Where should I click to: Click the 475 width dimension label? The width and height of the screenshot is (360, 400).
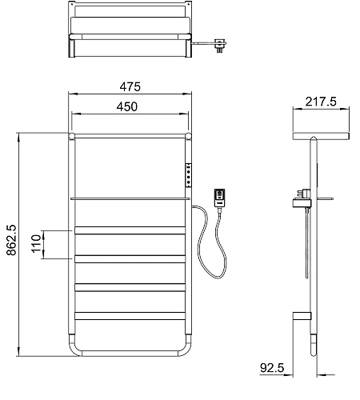pyautogui.click(x=130, y=86)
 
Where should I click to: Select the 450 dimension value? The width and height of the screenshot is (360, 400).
pyautogui.click(x=127, y=106)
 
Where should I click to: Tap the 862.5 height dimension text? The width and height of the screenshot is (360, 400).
pyautogui.click(x=11, y=240)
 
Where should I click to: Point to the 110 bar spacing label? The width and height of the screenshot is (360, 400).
pyautogui.click(x=36, y=244)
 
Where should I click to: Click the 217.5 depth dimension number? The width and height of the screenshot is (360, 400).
pyautogui.click(x=321, y=102)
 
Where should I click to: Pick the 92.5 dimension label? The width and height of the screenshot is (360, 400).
pyautogui.click(x=272, y=368)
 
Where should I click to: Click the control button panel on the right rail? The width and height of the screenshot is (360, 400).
pyautogui.click(x=189, y=175)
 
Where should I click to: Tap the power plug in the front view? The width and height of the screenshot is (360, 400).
pyautogui.click(x=219, y=198)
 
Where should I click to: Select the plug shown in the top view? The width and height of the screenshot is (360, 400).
pyautogui.click(x=220, y=46)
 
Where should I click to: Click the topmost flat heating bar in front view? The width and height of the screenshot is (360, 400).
pyautogui.click(x=130, y=230)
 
